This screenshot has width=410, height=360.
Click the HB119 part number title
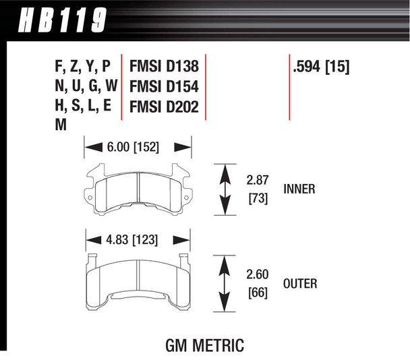pyautogui.click(x=62, y=20)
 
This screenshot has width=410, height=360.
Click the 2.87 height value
pyautogui.click(x=258, y=181)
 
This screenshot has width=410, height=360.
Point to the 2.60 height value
pyautogui.click(x=258, y=275)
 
